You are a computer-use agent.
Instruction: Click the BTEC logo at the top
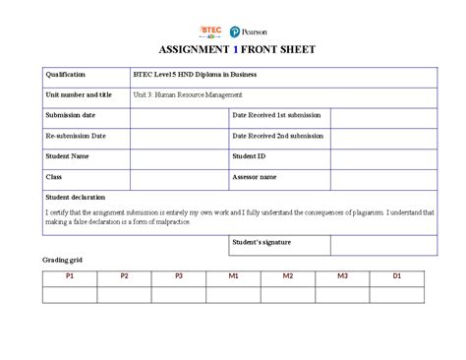(210, 30)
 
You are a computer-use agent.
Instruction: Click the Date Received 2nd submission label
(277, 136)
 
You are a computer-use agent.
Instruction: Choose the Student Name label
(67, 155)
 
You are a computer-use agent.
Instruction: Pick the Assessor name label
(255, 177)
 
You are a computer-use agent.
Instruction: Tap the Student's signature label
(262, 242)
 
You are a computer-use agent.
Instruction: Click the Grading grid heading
(62, 260)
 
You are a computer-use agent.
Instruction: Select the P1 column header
(69, 277)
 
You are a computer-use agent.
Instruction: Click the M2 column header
(288, 277)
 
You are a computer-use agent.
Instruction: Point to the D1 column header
(397, 277)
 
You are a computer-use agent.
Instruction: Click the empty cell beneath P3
(179, 294)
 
